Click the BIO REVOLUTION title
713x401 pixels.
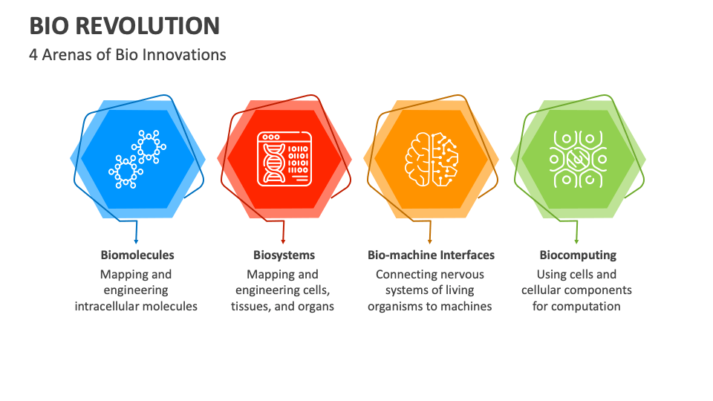(x=125, y=25)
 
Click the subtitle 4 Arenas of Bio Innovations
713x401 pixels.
(x=128, y=54)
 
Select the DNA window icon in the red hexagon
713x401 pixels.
(x=283, y=159)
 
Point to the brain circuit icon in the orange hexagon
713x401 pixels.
(x=430, y=159)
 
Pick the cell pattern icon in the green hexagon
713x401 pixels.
(x=577, y=159)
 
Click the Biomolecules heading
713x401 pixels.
(x=137, y=255)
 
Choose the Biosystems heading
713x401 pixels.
(x=284, y=255)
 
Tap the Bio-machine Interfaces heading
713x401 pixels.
(x=431, y=255)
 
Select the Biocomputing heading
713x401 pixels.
(x=578, y=255)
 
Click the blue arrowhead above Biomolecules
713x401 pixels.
(x=137, y=241)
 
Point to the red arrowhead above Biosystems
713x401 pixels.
(x=283, y=241)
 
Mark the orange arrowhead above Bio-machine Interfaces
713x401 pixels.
(x=430, y=241)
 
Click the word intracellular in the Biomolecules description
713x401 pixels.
(x=111, y=306)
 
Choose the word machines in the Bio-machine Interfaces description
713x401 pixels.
(x=466, y=306)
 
